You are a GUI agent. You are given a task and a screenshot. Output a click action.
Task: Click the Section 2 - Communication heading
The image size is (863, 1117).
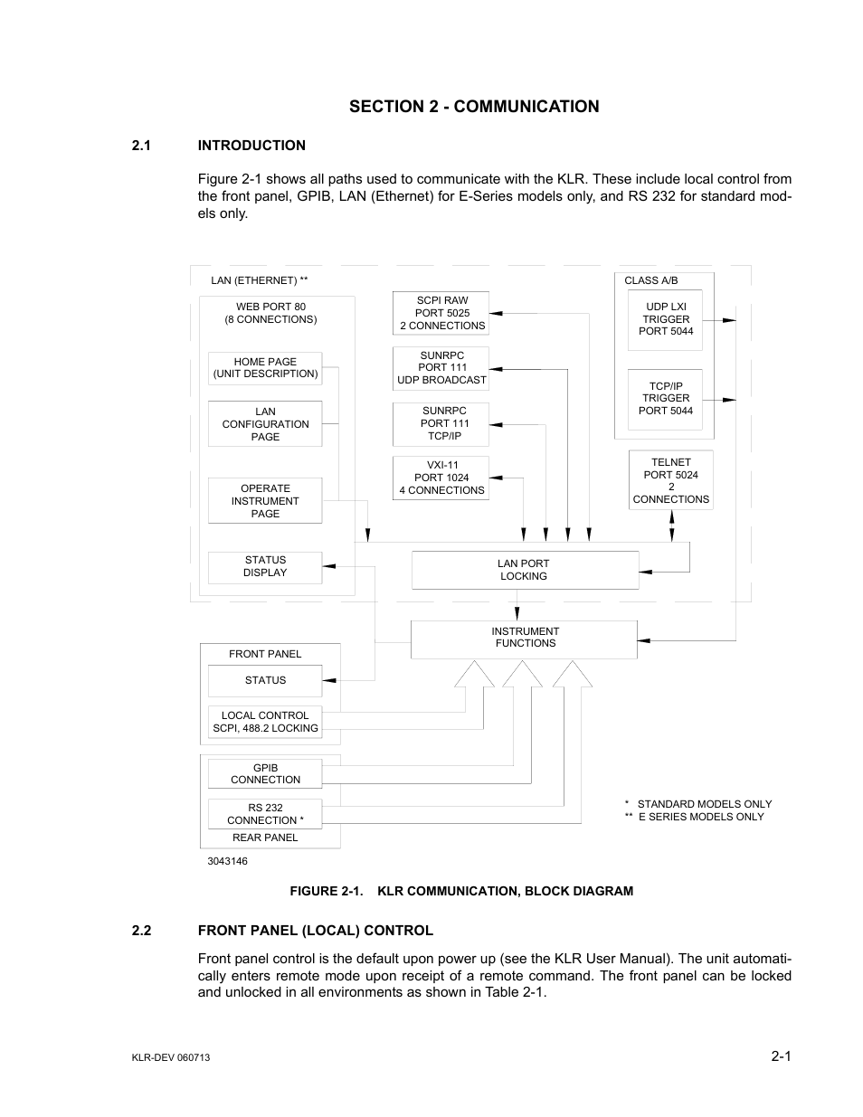473,107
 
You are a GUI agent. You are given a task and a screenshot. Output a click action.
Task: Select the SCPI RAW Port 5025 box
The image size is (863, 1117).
441,313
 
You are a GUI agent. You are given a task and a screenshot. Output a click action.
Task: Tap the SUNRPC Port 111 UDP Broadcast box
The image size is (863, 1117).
441,368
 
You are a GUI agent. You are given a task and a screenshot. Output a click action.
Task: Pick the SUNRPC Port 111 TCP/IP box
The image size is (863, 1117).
441,423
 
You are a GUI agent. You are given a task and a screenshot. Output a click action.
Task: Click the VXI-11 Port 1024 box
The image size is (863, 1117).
441,478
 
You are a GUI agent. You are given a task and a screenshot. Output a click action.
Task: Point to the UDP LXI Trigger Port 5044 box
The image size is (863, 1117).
666,319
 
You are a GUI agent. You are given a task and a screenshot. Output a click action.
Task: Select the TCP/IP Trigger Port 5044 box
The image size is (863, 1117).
666,398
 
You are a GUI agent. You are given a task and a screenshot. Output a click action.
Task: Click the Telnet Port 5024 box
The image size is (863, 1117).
670,480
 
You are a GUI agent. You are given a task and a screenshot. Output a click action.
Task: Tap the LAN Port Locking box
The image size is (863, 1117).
524,570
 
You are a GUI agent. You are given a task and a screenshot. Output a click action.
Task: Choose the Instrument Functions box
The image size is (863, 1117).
524,638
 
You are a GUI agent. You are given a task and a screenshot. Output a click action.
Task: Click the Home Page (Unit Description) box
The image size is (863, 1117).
265,368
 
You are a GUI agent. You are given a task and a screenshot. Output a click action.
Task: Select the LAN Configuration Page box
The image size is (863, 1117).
265,424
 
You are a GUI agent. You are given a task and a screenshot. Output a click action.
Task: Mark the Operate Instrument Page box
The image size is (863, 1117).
265,501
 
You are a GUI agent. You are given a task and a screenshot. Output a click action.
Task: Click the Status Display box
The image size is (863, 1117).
265,566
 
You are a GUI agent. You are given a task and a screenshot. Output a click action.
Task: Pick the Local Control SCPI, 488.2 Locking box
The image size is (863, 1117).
265,722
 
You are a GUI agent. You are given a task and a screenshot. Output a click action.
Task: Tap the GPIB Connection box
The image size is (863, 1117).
265,774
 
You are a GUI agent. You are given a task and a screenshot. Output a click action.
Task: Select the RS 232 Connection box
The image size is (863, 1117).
265,814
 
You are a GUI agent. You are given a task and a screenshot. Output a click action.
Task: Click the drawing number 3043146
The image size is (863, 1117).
227,861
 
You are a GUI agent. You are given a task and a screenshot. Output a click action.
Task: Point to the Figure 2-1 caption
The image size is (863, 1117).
461,891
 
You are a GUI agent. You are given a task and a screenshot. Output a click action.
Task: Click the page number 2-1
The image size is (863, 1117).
782,1056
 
